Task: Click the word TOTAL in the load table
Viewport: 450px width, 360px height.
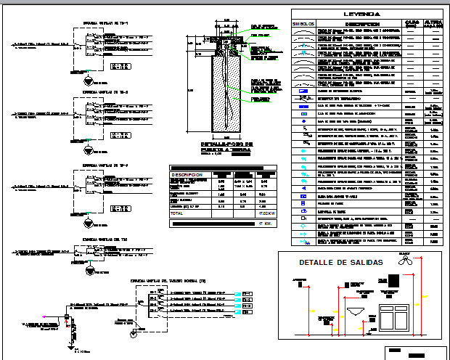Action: tap(177, 214)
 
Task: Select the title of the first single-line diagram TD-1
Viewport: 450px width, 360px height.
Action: tap(110, 22)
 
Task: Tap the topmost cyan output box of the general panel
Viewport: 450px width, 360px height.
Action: tap(247, 294)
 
